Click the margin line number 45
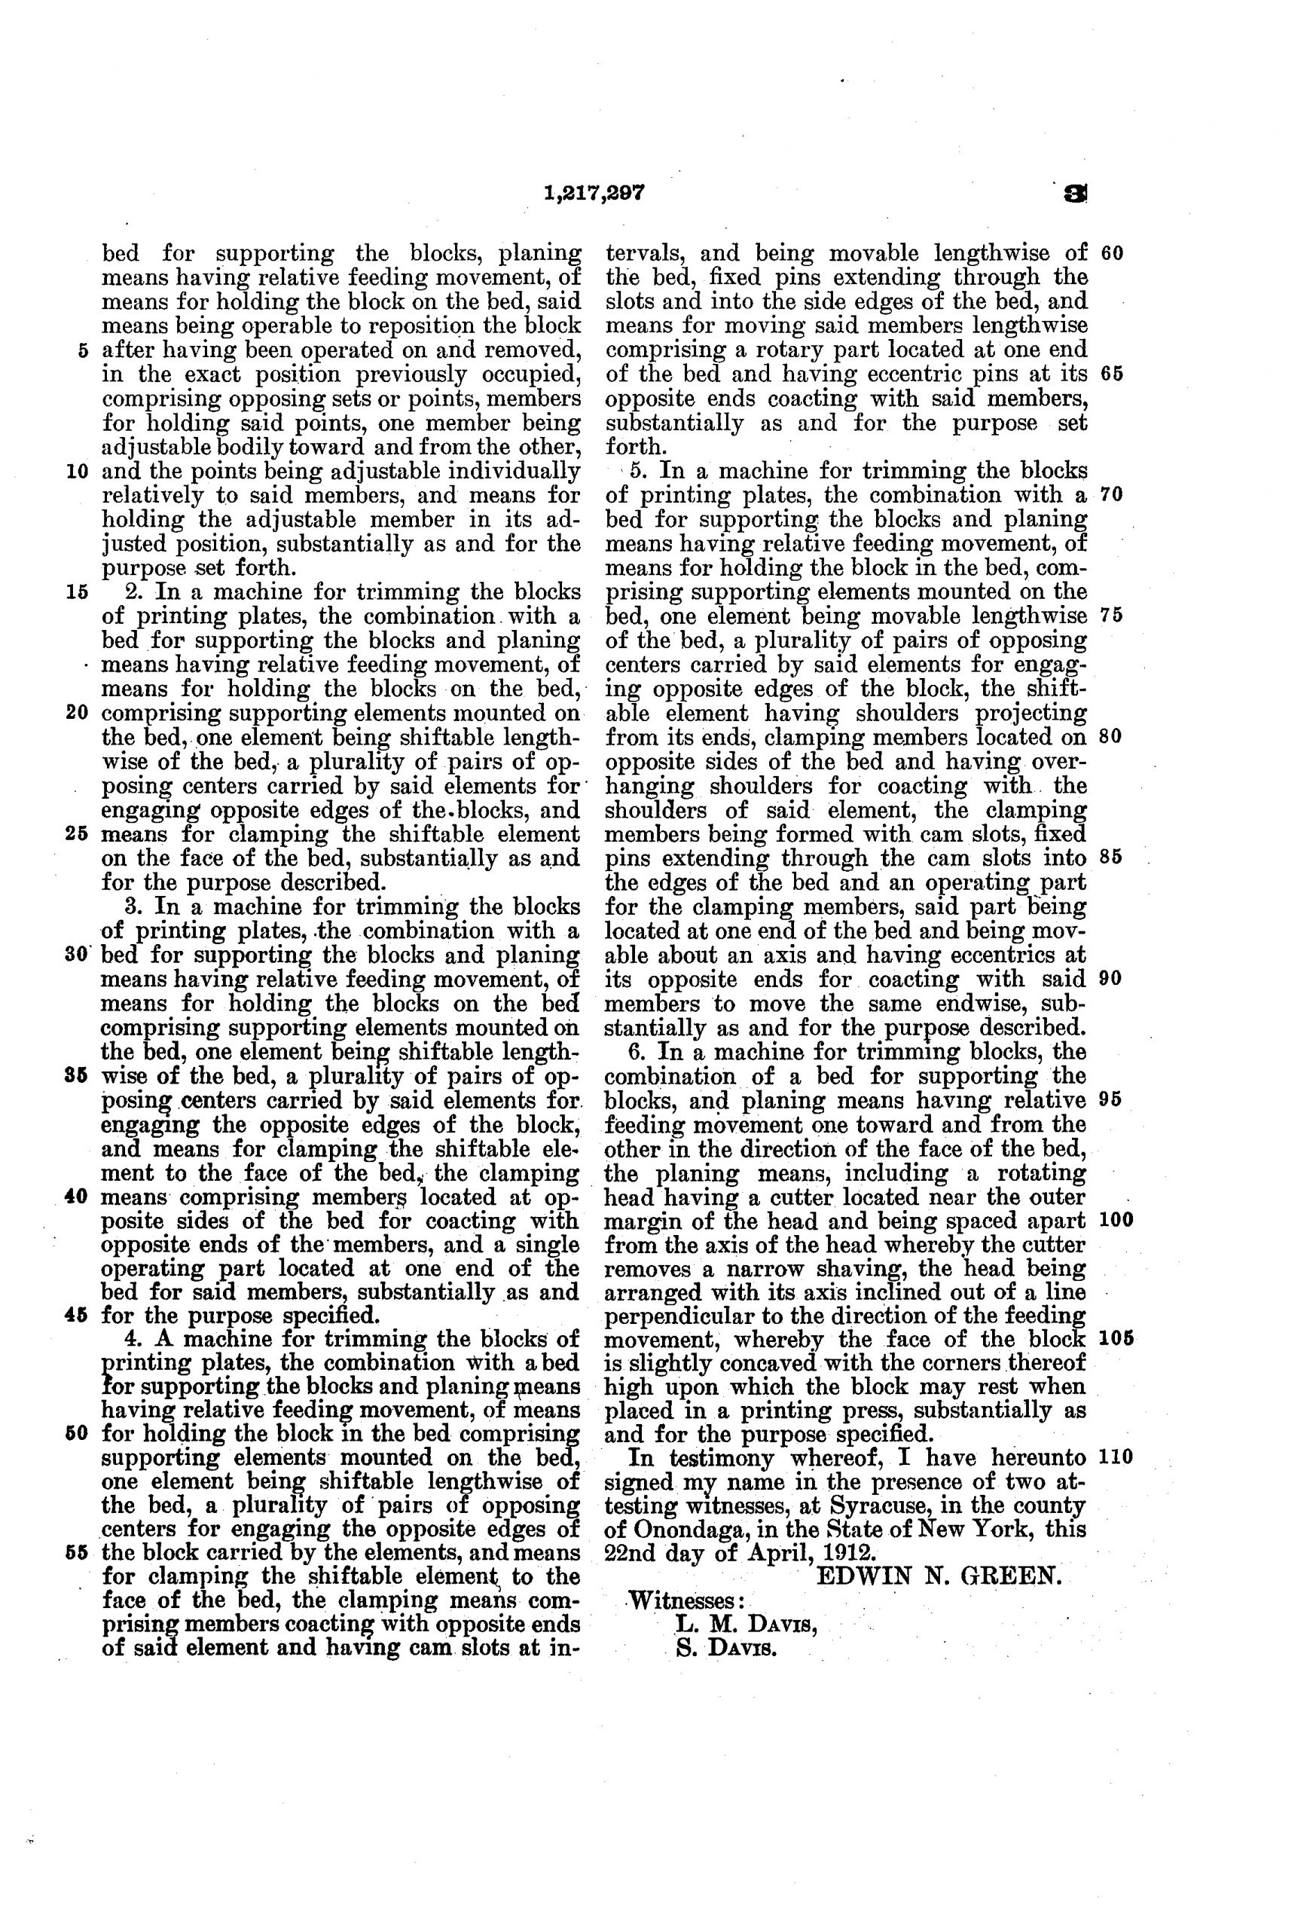[x=81, y=1316]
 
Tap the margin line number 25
[x=79, y=833]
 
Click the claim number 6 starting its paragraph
[x=636, y=1052]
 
